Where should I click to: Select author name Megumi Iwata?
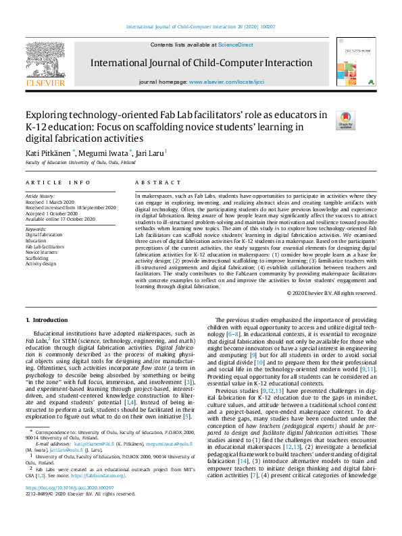pyautogui.click(x=103, y=154)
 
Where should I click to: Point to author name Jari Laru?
pyautogui.click(x=150, y=154)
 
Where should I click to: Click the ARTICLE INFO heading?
pyautogui.click(x=58, y=182)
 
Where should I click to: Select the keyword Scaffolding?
pyautogui.click(x=38, y=257)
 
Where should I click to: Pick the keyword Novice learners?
pyautogui.click(x=42, y=252)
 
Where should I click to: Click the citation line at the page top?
pyautogui.click(x=200, y=28)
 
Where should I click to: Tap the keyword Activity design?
pyautogui.click(x=41, y=263)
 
